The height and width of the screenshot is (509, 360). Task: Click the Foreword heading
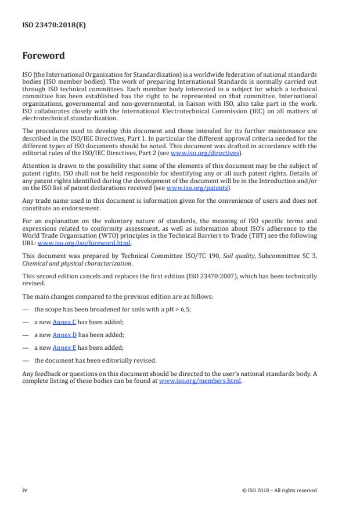click(x=44, y=56)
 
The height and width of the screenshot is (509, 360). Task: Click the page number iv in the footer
click(x=25, y=490)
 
